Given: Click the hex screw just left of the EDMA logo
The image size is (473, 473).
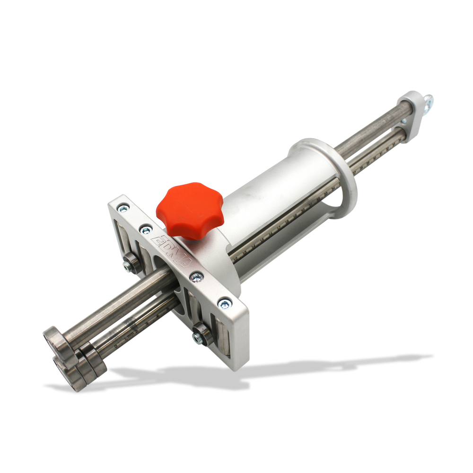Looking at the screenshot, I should [x=147, y=230].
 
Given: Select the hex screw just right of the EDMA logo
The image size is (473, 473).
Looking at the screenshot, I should [x=196, y=277].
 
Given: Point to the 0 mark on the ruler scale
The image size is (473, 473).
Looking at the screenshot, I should [x=116, y=346].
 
